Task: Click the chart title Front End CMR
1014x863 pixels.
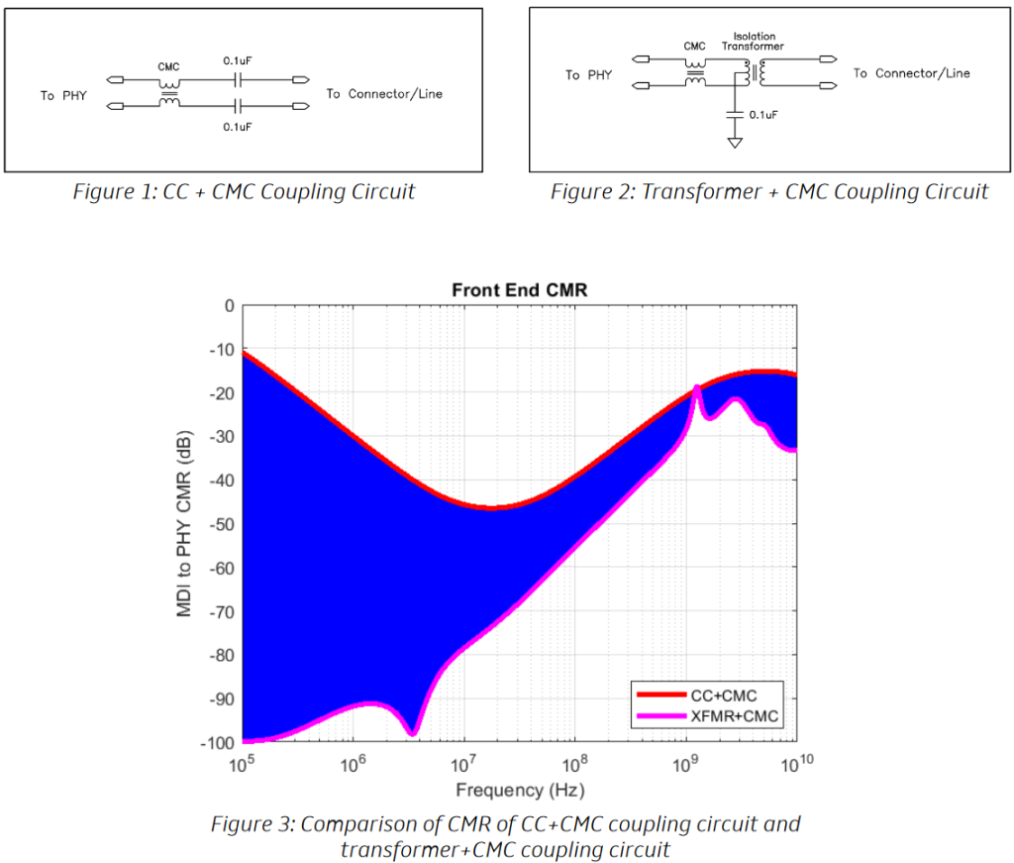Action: [520, 290]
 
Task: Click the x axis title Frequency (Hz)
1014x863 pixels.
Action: [520, 791]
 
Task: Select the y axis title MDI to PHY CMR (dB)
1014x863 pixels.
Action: [185, 524]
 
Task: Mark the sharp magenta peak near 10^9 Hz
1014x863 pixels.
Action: [697, 387]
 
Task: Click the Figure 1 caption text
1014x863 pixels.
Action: [244, 192]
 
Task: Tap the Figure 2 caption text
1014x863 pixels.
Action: [769, 192]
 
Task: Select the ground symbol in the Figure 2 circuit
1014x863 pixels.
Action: [735, 144]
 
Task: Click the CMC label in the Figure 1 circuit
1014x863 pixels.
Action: [168, 67]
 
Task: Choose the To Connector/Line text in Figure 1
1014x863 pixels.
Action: [384, 94]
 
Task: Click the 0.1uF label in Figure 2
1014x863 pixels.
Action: [763, 115]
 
